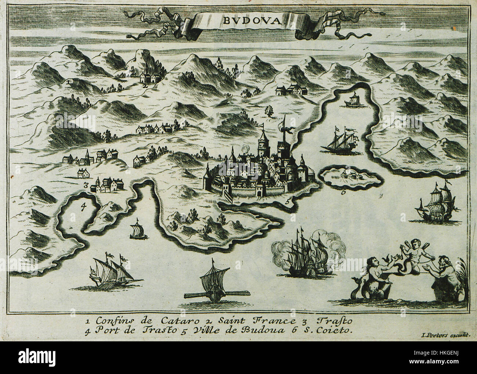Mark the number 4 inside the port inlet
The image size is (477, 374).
(83, 207)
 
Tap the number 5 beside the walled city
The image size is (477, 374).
(288, 200)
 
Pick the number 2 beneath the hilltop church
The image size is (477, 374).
(146, 86)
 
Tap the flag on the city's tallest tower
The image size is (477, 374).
(286, 130)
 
